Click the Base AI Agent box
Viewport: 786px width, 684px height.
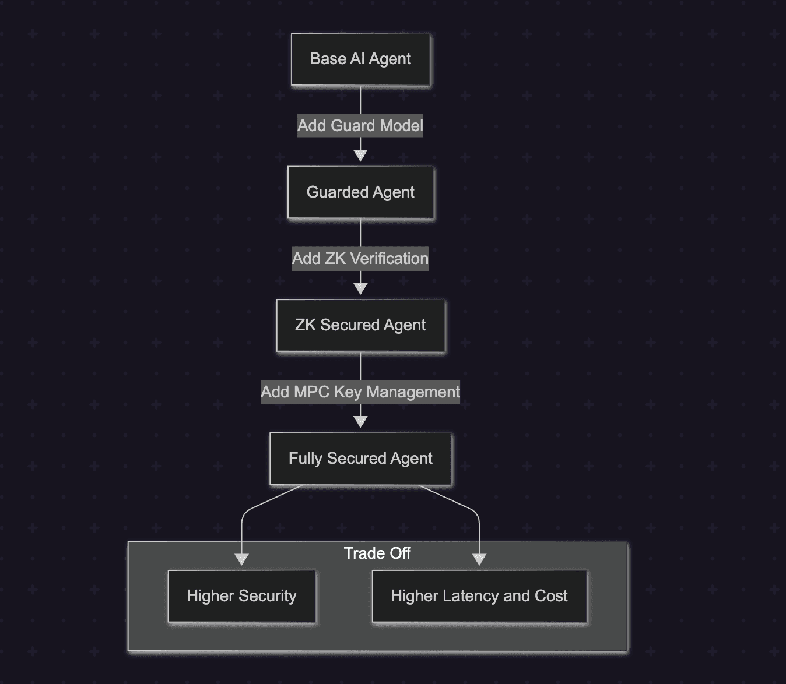tap(360, 59)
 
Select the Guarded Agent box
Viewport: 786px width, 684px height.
tap(360, 192)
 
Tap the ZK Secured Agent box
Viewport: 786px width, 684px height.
tap(360, 325)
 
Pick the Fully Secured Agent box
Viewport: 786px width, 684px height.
tap(360, 459)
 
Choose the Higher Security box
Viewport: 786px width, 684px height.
tap(241, 596)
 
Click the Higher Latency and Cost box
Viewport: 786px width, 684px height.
tap(479, 596)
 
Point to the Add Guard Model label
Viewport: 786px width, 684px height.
tap(360, 126)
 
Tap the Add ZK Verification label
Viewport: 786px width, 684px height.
tap(360, 259)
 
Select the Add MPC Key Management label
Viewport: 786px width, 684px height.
tap(360, 392)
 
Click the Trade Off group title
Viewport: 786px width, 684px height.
tap(377, 553)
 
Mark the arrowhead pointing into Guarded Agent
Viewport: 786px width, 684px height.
tap(360, 156)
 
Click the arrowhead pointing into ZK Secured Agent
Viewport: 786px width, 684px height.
tap(360, 288)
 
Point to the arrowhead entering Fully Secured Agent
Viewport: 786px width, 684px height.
tap(360, 422)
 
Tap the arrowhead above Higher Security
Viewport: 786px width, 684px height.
tap(241, 559)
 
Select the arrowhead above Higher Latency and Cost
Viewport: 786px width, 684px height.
tap(479, 559)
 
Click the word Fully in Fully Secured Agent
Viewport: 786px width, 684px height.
tap(306, 459)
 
